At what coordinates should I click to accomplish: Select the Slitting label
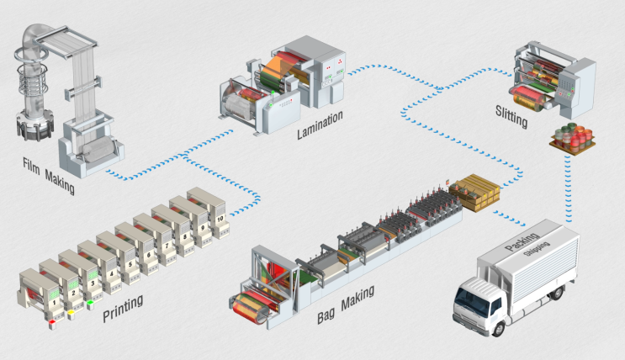coord(511,118)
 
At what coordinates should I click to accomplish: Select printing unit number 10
coord(220,219)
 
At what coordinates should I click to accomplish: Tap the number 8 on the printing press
coord(185,234)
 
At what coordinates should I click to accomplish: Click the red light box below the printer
coord(50,320)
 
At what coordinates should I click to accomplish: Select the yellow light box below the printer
coord(71,311)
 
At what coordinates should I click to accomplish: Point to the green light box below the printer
coord(89,302)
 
